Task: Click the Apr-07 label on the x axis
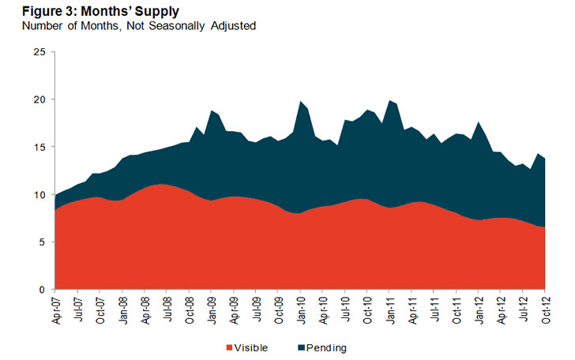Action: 56,309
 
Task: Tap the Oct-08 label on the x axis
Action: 190,309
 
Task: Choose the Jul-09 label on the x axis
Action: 257,309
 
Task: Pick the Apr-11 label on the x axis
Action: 412,309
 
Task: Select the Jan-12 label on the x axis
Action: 479,309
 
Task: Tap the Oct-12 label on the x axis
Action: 545,309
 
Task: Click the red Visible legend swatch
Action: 230,347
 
